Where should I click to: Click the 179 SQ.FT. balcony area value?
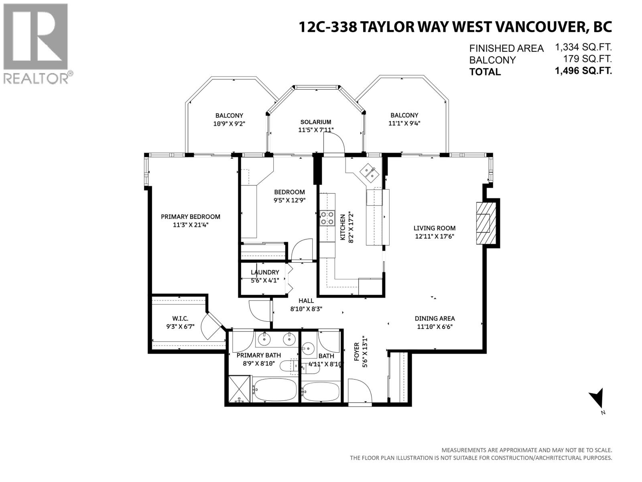click(586, 59)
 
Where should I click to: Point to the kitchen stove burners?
click(327, 218)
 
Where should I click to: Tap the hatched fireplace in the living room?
click(485, 222)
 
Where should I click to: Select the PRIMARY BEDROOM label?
click(190, 216)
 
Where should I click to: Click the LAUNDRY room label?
click(264, 272)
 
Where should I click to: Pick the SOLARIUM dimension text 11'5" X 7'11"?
click(316, 130)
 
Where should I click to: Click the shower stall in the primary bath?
click(239, 389)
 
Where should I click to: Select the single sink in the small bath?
click(308, 348)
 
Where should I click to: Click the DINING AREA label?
click(435, 319)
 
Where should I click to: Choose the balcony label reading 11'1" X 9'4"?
click(404, 123)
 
